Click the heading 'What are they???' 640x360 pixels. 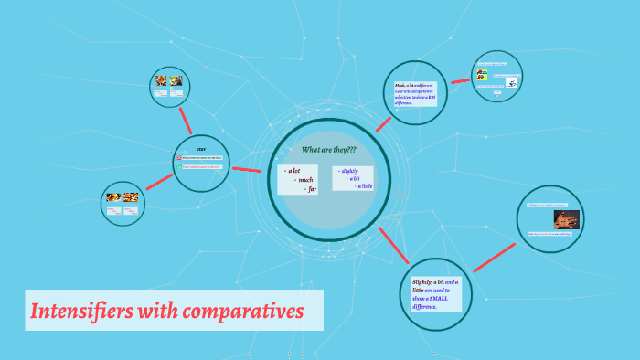[328, 149]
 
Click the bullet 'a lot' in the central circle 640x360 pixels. [294, 171]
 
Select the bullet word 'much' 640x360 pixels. [305, 180]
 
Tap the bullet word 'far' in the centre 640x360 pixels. [312, 189]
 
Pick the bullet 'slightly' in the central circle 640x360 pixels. [349, 171]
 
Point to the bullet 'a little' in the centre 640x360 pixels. [365, 186]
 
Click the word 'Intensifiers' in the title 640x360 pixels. [81, 312]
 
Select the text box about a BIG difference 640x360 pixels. [415, 94]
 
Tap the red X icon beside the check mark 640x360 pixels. [178, 158]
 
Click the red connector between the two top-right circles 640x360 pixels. [460, 82]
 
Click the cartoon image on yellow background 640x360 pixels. [481, 76]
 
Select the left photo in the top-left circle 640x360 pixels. [161, 81]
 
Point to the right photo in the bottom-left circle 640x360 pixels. [131, 196]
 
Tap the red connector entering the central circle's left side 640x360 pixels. [246, 169]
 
